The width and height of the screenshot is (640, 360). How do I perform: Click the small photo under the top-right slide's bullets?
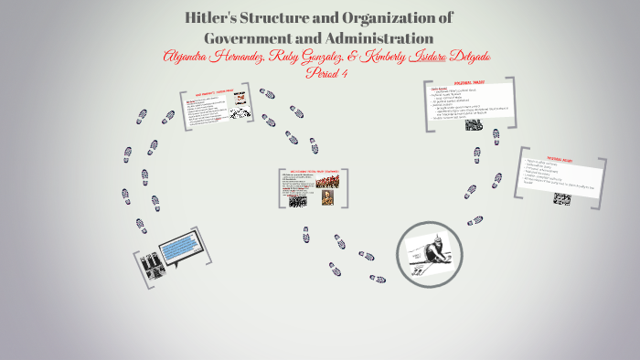474,123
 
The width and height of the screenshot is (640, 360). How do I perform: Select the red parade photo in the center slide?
325,180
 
